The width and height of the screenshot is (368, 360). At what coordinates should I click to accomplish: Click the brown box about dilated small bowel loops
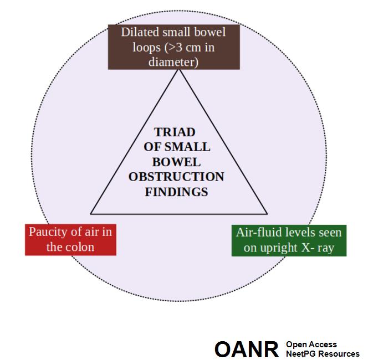tap(173, 47)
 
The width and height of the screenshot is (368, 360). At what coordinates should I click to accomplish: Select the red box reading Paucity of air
tap(70, 239)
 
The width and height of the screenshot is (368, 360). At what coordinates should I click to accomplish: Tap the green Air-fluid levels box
tap(289, 239)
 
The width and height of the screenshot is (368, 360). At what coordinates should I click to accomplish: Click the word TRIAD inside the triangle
tap(175, 133)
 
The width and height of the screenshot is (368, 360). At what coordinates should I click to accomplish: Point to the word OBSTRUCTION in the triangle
tap(176, 177)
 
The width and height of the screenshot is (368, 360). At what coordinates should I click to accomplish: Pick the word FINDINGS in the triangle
tap(176, 192)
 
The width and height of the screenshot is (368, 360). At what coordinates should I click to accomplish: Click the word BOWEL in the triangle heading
tap(176, 162)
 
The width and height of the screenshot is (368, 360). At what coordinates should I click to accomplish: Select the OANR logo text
tap(246, 349)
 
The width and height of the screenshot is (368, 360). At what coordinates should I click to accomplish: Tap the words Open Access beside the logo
tap(311, 344)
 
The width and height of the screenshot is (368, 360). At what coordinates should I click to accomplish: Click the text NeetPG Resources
tap(322, 354)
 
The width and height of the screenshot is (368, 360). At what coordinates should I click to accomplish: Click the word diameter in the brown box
tap(173, 62)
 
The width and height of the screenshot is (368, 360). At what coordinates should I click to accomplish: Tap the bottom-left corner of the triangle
tap(91, 213)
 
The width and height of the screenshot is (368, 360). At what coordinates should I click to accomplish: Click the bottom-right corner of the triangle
tap(267, 213)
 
